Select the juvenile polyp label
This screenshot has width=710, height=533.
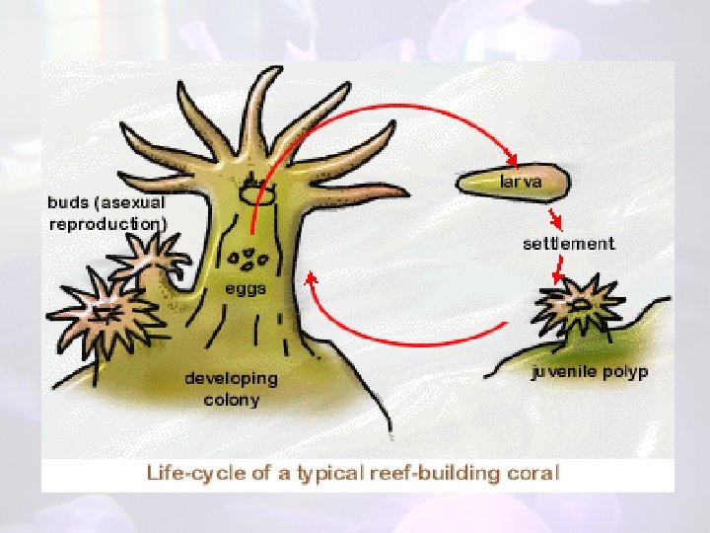(590, 372)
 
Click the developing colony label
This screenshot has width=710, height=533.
(232, 389)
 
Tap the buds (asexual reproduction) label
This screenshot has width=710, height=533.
(106, 212)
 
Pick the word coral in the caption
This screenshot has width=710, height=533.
(532, 472)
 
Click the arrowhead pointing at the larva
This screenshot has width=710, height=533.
(512, 160)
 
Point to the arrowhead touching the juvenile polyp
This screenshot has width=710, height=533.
(558, 277)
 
